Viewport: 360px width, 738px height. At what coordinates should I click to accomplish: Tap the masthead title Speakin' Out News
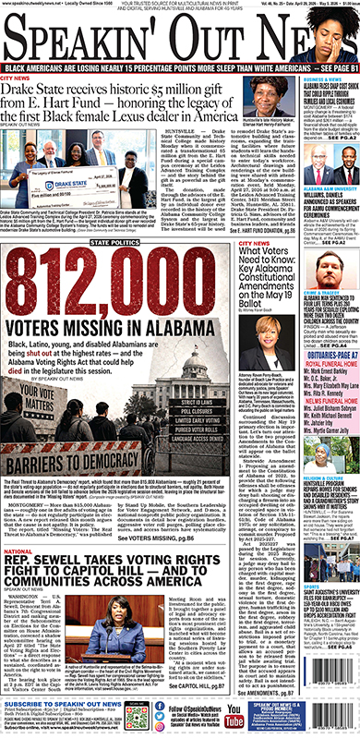[180, 37]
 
